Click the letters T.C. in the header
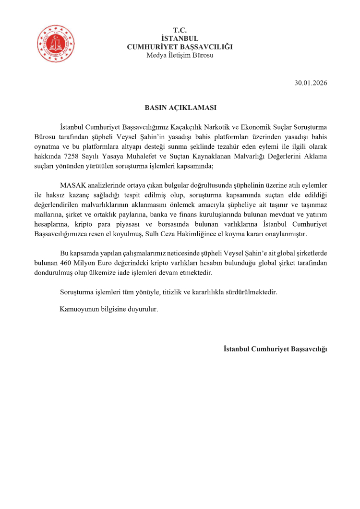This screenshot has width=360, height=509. (x=180, y=30)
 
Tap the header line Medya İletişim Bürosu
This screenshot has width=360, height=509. (x=180, y=55)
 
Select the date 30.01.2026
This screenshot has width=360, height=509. (x=311, y=83)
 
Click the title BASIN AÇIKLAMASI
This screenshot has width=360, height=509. (x=180, y=108)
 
